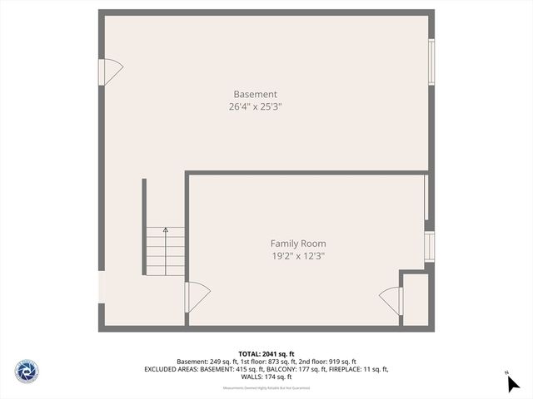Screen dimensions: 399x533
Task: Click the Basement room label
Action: coord(255,94)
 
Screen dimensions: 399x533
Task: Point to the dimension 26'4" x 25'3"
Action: coord(262,106)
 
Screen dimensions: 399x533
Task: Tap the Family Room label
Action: coord(297,244)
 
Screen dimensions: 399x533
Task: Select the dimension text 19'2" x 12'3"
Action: coord(297,256)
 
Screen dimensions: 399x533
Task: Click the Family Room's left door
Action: coord(197,297)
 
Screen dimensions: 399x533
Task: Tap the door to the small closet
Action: coord(391,299)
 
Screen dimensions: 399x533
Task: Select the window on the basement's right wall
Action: coord(431,62)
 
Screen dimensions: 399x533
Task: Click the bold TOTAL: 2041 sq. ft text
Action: coord(266,353)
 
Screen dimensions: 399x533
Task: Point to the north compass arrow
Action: coord(512,382)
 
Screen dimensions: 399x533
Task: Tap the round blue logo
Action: coord(27,371)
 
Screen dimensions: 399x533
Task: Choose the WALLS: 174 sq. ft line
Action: coord(266,377)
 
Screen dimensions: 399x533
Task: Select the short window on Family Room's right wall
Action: coord(430,247)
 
